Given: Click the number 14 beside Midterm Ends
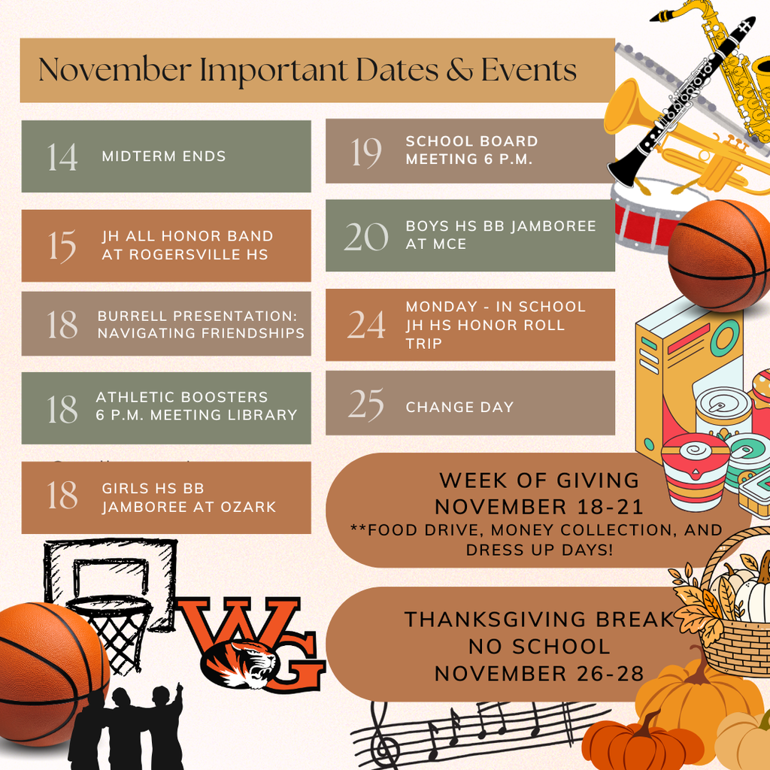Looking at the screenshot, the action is [x=62, y=157].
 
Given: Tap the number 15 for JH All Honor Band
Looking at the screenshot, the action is [x=62, y=246].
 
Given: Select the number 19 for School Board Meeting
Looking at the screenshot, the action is [x=366, y=152].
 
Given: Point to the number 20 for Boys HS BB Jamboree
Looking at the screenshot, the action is [x=366, y=237].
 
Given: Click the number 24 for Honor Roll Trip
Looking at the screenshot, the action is [x=366, y=325].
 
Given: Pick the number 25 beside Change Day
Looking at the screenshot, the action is [x=366, y=405].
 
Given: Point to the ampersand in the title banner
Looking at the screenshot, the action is [x=459, y=70].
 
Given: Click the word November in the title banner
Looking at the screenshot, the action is [x=115, y=70].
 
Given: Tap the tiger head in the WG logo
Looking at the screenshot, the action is [x=240, y=664].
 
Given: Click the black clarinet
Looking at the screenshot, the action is [x=681, y=101].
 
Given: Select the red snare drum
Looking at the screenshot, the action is [x=644, y=216].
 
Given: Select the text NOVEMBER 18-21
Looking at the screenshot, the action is [x=538, y=508].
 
